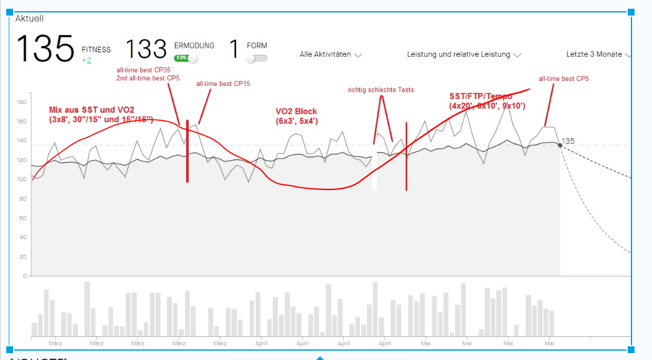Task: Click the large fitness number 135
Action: click(x=45, y=49)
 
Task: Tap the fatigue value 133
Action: click(x=146, y=49)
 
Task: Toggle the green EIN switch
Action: click(x=187, y=58)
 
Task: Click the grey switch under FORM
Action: click(x=257, y=59)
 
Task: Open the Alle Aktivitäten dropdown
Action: click(x=330, y=55)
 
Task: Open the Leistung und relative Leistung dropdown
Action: click(x=464, y=55)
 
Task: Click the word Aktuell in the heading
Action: click(x=29, y=19)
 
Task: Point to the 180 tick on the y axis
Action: click(x=22, y=102)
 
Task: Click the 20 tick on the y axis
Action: click(x=24, y=257)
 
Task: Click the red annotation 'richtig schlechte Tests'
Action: click(x=381, y=90)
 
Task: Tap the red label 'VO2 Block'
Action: click(x=296, y=111)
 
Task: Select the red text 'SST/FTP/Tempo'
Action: click(x=481, y=97)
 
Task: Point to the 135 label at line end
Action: click(x=569, y=141)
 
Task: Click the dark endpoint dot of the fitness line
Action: click(x=560, y=145)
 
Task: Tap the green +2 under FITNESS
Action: click(x=87, y=60)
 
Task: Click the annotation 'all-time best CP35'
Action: click(x=143, y=70)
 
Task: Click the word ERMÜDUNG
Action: click(x=194, y=45)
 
